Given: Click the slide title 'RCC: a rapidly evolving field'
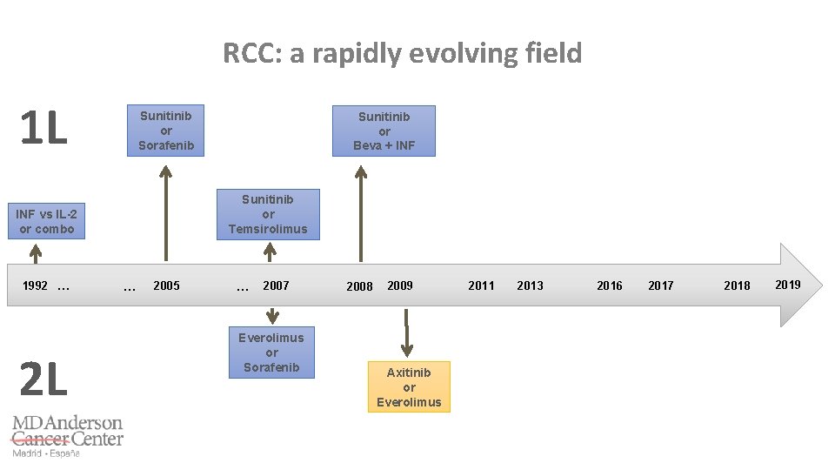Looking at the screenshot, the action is coord(402,54).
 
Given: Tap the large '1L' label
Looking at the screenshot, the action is coord(43,129).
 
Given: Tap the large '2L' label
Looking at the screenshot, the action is coord(43,379).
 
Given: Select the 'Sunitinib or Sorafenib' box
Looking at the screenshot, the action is coord(166,131).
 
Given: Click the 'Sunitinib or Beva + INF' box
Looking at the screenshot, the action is coord(384,131).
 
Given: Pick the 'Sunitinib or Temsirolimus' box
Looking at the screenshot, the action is coord(268,214).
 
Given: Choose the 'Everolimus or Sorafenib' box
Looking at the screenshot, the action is coord(271,352).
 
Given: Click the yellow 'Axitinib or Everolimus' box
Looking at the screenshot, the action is coord(409,386).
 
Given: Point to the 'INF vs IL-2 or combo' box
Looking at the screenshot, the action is coord(46,221).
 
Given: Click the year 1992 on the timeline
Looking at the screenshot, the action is coord(36,285).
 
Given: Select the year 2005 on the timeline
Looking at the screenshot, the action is coord(166,285).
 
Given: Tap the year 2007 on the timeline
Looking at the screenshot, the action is coord(276,285).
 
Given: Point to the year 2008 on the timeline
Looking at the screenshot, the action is coord(359,286).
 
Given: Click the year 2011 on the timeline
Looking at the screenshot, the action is coord(481,285).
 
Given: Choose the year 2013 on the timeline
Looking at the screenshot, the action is coord(530,285).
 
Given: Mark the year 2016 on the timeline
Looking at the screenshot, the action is coord(610,285).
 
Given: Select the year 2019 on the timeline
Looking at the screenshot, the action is coord(787,285).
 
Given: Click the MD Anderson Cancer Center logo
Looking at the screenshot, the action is coord(67,435).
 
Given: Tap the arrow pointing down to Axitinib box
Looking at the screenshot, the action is coord(405,329).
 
